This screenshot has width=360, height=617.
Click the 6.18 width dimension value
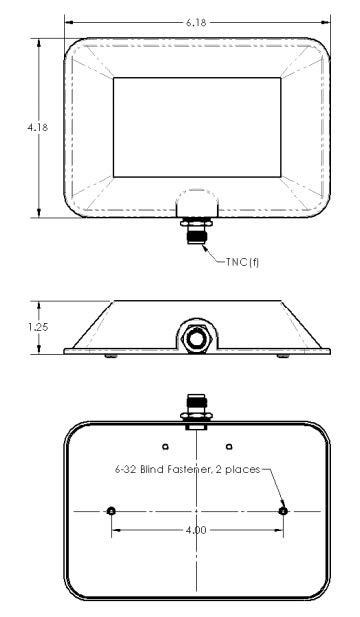coord(197,21)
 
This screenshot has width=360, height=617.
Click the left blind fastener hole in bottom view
coord(111,510)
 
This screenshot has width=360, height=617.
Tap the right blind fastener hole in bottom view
coord(284,510)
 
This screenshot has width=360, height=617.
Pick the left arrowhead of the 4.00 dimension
coord(116,530)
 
